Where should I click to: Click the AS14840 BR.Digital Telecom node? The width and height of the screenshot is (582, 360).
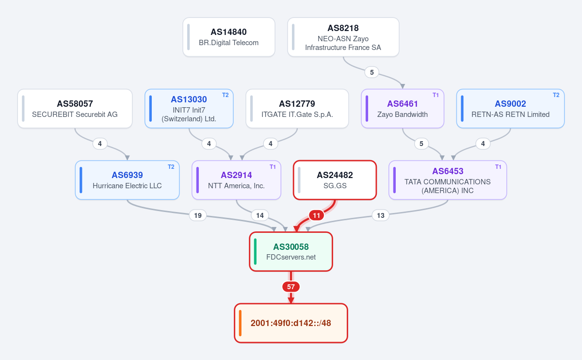(x=228, y=37)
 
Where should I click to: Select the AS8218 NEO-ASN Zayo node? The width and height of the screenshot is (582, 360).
(x=343, y=37)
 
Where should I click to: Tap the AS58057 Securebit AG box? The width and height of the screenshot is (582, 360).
(x=75, y=108)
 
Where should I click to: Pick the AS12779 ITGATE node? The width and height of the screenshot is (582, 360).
(x=297, y=108)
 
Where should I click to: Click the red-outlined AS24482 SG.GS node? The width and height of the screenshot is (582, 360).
(x=335, y=180)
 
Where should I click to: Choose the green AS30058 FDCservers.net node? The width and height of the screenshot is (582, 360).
(x=291, y=251)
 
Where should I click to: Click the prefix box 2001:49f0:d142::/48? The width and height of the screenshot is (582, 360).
(x=291, y=323)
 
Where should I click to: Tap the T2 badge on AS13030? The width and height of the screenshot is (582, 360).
(x=225, y=95)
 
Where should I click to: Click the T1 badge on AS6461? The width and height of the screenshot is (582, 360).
(x=436, y=95)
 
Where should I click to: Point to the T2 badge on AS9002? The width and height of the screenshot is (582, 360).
(x=556, y=95)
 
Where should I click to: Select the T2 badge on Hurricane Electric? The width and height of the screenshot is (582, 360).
(x=171, y=167)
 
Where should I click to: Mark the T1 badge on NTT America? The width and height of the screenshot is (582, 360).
(x=273, y=167)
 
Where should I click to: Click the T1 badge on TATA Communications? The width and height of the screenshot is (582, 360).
(x=498, y=167)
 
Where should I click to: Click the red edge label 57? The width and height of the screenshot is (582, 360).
(x=291, y=287)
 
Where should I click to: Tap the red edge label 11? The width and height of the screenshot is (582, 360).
(x=316, y=215)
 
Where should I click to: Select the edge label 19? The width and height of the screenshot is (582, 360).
(x=198, y=215)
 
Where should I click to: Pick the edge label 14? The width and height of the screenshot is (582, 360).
(x=260, y=215)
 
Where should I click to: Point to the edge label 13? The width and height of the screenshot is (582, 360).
(x=380, y=215)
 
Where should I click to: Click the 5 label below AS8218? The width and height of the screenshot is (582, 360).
(x=372, y=72)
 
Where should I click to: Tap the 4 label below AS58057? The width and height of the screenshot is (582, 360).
(x=100, y=144)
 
